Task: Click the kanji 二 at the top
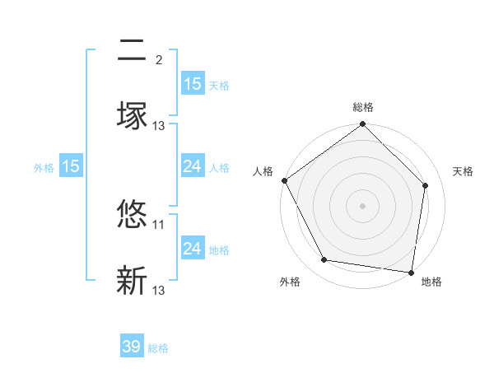coord(132,52)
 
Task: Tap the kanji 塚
coord(132,114)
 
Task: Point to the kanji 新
coord(132,280)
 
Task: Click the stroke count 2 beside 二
coord(159,60)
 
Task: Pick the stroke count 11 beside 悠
coord(159,224)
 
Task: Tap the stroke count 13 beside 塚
coord(159,125)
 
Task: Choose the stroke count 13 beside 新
coord(159,290)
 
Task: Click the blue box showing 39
coord(132,347)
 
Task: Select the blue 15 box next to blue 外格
coord(71,166)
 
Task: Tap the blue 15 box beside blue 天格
coord(193,83)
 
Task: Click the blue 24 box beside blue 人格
coord(193,166)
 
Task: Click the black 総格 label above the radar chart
coord(363,107)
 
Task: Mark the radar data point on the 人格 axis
coord(284,180)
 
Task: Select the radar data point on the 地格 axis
coord(411,272)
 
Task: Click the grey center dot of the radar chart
coord(363,205)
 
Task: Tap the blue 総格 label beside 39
coord(158,348)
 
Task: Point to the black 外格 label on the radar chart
coord(290,282)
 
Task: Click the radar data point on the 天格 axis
coord(426,185)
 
